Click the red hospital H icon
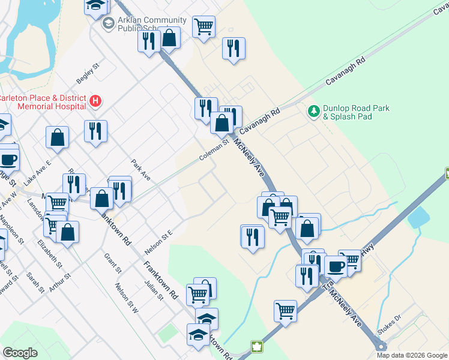[x=95, y=101]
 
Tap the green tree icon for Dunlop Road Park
[x=313, y=112]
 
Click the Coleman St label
[x=215, y=151]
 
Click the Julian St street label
[x=154, y=289]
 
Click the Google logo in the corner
[x=20, y=353]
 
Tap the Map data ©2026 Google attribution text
[x=412, y=355]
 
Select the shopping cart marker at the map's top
[x=203, y=26]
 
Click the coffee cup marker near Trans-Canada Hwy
[x=335, y=265]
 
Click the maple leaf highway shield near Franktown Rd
[x=256, y=347]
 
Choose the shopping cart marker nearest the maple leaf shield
[x=285, y=310]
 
